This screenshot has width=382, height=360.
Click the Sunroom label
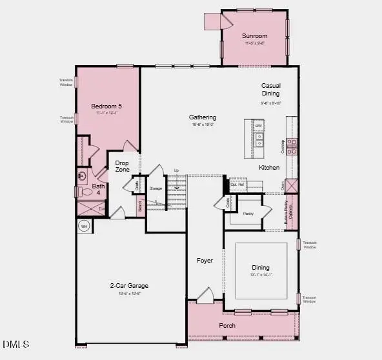click(x=254, y=35)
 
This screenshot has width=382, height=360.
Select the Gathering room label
click(x=203, y=117)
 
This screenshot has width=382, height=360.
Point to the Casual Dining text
click(x=270, y=90)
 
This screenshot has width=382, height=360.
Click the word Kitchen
click(x=269, y=168)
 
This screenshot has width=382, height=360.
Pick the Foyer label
click(x=205, y=261)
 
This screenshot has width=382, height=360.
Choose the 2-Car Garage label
click(x=129, y=285)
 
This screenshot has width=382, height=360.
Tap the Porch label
click(x=226, y=326)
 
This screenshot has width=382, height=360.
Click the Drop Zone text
click(x=123, y=166)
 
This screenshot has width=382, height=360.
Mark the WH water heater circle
click(x=83, y=226)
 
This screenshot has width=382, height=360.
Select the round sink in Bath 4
click(x=82, y=175)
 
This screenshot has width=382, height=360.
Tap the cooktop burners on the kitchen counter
click(x=292, y=146)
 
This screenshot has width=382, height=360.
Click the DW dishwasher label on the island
click(x=258, y=126)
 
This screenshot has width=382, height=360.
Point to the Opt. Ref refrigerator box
click(x=238, y=183)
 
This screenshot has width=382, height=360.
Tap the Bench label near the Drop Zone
click(x=139, y=206)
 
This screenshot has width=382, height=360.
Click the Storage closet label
click(x=156, y=188)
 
